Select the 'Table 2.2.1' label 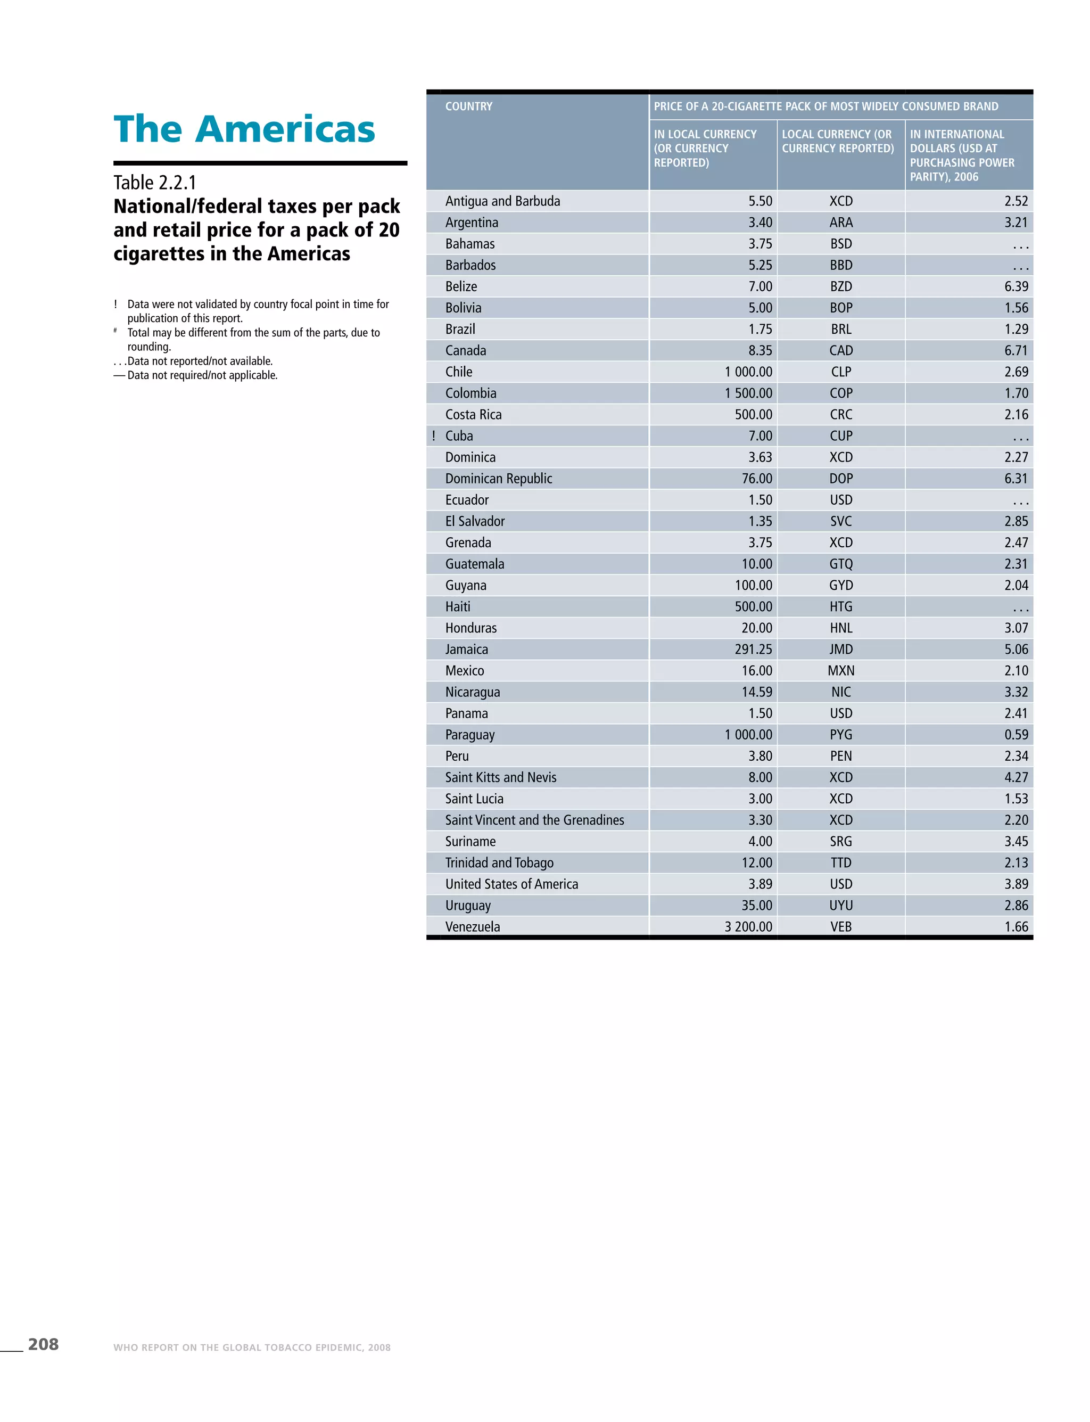tap(155, 183)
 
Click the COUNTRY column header tap(468, 106)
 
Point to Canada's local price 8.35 tap(760, 350)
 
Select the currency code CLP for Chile tap(841, 372)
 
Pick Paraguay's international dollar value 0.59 tap(1016, 735)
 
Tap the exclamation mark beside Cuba tap(433, 436)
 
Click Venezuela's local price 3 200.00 tap(748, 927)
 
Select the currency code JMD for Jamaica tap(841, 650)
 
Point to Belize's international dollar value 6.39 tap(1016, 287)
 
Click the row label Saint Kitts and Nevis tap(500, 777)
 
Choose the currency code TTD tap(841, 863)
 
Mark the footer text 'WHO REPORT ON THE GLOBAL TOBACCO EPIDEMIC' tap(252, 1347)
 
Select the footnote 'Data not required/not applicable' tap(202, 375)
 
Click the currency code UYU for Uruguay tap(841, 906)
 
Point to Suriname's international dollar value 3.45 tap(1016, 842)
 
